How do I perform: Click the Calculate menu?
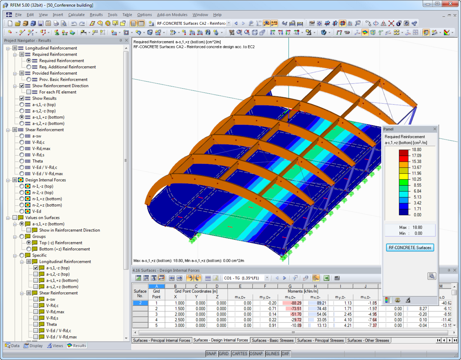76,15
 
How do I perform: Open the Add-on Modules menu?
172,15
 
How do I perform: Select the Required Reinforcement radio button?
29,61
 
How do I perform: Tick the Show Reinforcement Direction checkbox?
22,86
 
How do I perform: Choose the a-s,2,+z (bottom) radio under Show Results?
22,124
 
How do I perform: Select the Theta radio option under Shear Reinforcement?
22,161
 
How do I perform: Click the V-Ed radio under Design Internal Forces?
22,211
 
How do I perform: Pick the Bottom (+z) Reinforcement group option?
29,249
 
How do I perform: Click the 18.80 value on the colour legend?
416,150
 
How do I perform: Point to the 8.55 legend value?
416,185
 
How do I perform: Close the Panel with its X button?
435,129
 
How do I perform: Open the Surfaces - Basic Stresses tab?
272,340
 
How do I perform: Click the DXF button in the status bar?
285,354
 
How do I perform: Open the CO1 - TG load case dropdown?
267,278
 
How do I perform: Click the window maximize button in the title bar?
437,4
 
